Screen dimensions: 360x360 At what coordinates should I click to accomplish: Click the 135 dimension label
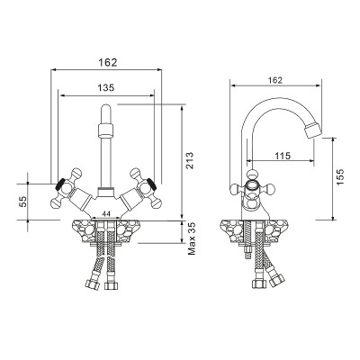[x=106, y=87]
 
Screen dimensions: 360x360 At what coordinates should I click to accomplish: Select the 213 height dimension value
[x=190, y=161]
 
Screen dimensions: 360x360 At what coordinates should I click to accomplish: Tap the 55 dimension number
[x=23, y=202]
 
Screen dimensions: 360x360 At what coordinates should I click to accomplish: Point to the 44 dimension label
[x=106, y=213]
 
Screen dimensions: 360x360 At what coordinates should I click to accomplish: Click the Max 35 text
[x=192, y=238]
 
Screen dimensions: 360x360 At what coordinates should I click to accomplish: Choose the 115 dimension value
[x=283, y=156]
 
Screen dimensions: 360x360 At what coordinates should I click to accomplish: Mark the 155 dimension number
[x=340, y=177]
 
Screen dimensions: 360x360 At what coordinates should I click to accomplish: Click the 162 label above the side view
[x=275, y=80]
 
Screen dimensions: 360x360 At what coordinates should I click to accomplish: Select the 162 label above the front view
[x=108, y=62]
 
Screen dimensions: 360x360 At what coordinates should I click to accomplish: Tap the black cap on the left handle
[x=60, y=184]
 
